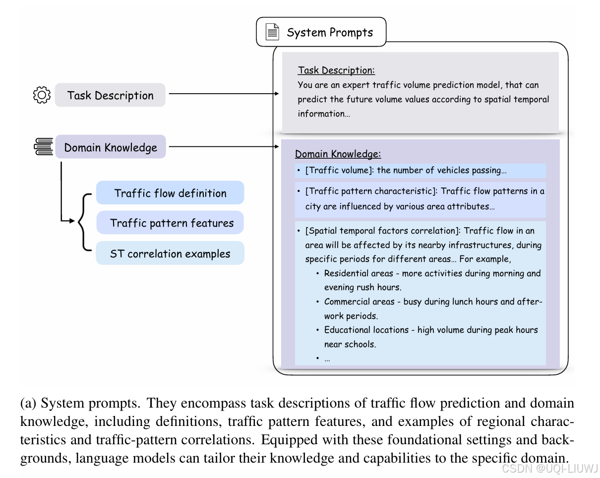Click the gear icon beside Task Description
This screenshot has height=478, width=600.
coord(42,95)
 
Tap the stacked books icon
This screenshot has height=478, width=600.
coord(44,147)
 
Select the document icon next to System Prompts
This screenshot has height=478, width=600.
coord(272,33)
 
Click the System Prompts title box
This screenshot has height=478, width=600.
coord(321,33)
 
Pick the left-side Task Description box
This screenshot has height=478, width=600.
coord(110,95)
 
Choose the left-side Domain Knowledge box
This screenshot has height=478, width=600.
coord(110,147)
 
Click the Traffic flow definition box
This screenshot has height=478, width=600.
coord(170,193)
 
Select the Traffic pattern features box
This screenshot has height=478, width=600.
coord(170,223)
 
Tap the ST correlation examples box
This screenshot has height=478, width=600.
coord(170,253)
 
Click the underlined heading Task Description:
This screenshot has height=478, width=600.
coord(336,70)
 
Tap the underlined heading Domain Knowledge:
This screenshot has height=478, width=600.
coord(338,154)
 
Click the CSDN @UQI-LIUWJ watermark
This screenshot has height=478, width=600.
coord(549,469)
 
